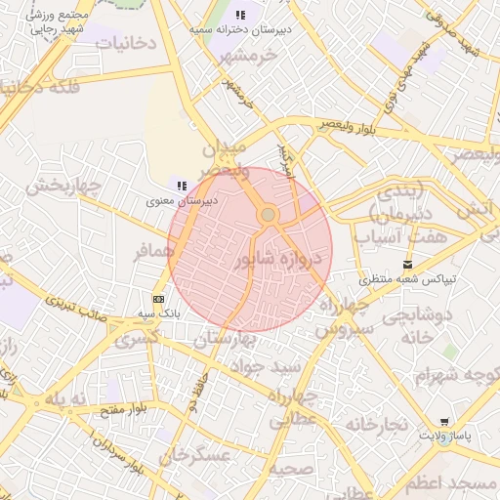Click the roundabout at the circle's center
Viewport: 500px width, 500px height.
pos(269,214)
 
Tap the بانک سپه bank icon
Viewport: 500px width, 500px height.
pos(158,299)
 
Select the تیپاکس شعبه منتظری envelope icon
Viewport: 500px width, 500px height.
pos(407,265)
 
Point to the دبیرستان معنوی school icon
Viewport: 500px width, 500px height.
pos(182,185)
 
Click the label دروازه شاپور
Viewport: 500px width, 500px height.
pos(278,260)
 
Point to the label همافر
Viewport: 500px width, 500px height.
pos(153,251)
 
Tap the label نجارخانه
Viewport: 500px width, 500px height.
pos(373,423)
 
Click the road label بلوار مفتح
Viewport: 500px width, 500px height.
pos(115,408)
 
